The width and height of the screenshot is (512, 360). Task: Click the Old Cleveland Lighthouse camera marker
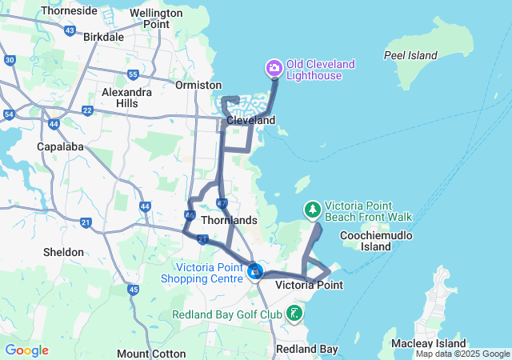pos(274,67)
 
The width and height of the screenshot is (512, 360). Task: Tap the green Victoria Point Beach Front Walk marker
pos(312,210)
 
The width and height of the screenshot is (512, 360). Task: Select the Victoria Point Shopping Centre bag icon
pos(254,272)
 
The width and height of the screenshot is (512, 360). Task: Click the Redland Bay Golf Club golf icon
pos(295,313)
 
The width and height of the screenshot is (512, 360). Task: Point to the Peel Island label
pos(410,55)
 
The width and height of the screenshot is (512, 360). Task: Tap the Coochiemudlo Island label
pos(376,241)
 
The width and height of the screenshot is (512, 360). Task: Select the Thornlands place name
pos(230,220)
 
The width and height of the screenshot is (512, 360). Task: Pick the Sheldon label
pos(64,252)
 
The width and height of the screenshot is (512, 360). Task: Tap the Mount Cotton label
pos(144,353)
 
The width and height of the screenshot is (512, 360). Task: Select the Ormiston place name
pos(199,85)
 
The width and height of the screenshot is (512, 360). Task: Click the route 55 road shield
pos(133,74)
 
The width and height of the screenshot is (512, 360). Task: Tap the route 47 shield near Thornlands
pos(222,203)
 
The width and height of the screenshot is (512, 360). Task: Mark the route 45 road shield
pos(133,289)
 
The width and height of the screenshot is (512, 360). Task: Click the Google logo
pos(26,350)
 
